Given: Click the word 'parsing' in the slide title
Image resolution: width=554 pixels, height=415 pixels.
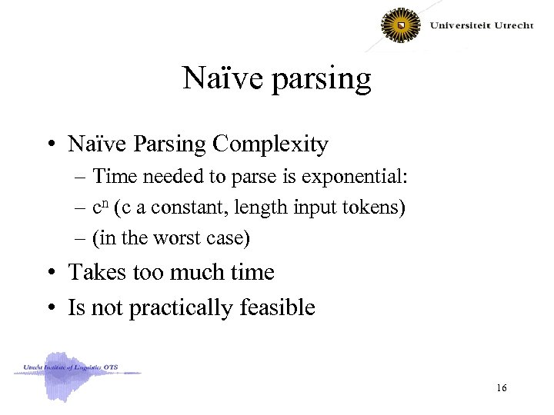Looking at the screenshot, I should pos(322,80).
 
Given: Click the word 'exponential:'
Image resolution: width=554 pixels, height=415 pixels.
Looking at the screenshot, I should pos(356,178).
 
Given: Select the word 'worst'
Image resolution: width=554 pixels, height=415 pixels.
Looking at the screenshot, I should pos(169,239).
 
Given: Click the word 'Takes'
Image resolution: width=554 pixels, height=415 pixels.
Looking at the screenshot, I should pos(97,273).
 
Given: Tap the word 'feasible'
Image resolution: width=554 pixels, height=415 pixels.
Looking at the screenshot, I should pos(279,307).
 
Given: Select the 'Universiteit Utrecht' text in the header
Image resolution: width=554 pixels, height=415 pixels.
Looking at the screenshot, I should pos(481,25).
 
